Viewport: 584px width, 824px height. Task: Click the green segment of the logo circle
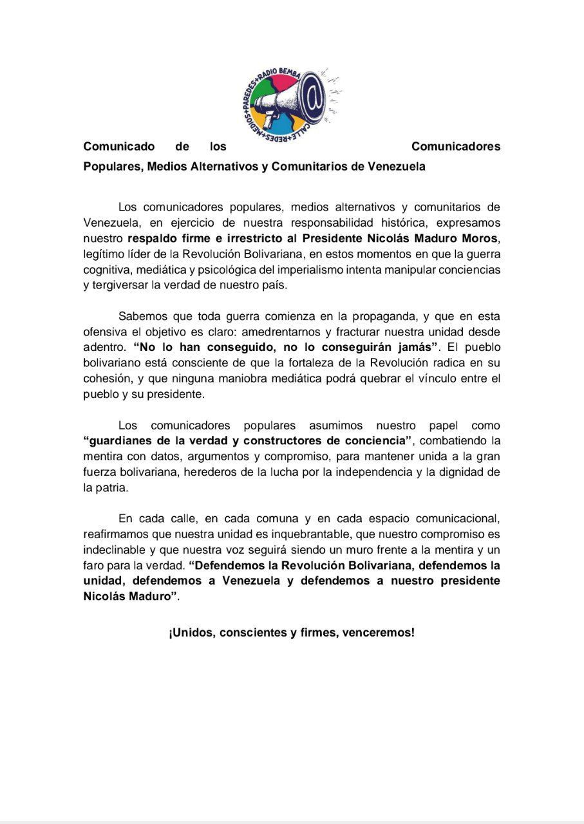[259, 97]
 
